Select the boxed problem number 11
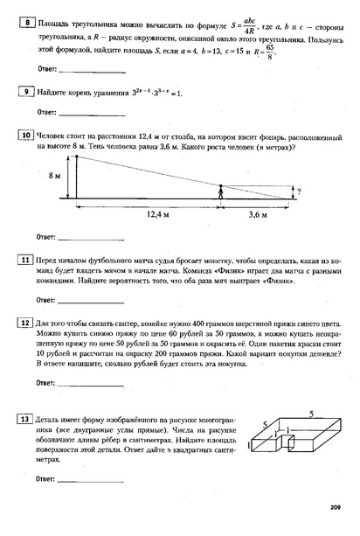tap(26, 260)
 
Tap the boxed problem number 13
tap(26, 419)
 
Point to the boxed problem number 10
tap(26, 136)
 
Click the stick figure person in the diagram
tap(221, 191)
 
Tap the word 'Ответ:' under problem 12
tap(46, 382)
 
